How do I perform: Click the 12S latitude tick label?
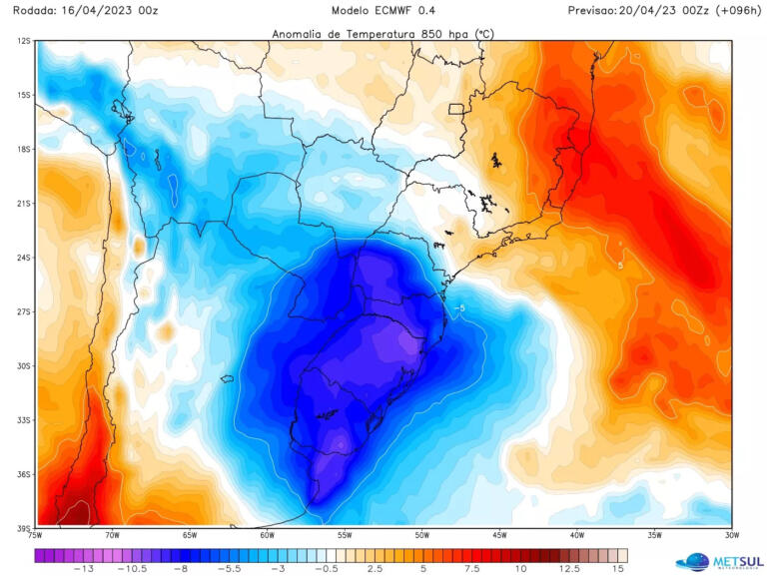coord(23,41)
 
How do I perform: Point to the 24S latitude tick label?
coord(23,258)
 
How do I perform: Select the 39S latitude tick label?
coord(23,528)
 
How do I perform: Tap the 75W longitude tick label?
coord(36,536)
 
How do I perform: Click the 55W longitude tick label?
coord(345,536)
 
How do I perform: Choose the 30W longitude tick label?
coord(732,536)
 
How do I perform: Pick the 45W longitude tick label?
coord(499,536)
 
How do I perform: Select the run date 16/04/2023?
coord(99,10)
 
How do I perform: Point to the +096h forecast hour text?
coord(732,10)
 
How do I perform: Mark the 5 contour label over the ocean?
coord(620,266)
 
